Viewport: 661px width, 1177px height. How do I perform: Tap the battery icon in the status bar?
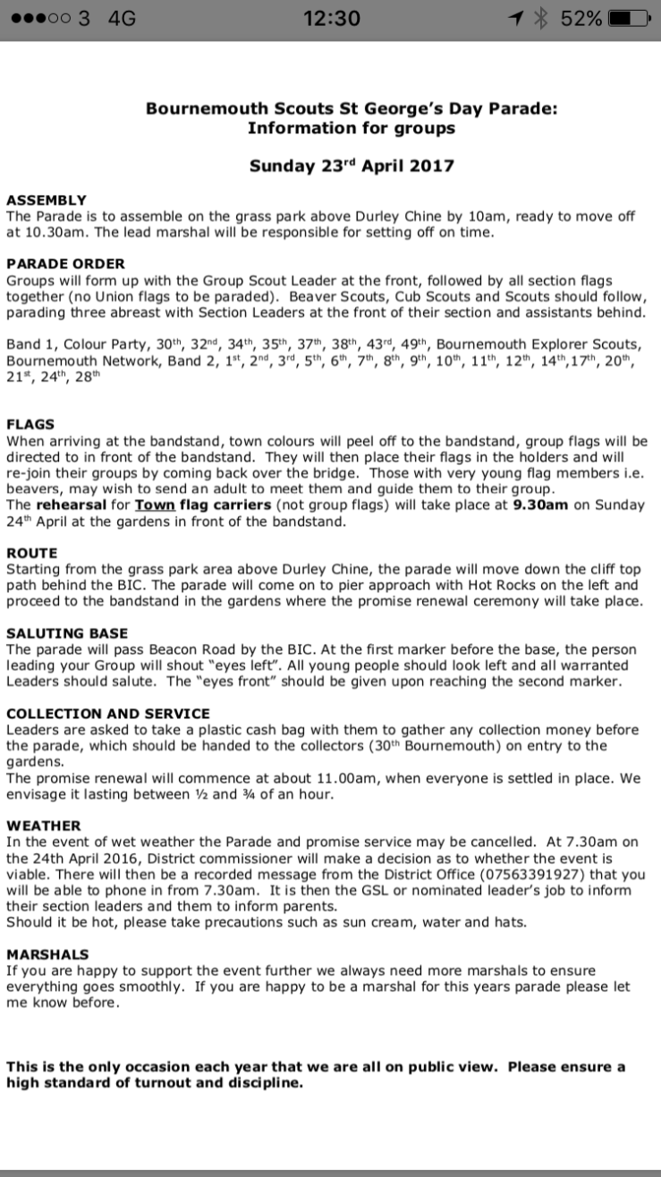click(628, 19)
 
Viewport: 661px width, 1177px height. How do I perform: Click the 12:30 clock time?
click(331, 19)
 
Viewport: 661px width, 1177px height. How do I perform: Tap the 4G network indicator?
click(121, 19)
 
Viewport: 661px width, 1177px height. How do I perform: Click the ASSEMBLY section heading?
click(47, 200)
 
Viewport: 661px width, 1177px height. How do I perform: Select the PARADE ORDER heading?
click(65, 264)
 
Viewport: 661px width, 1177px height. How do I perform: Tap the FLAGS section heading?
click(30, 424)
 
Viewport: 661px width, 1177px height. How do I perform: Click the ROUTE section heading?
click(31, 554)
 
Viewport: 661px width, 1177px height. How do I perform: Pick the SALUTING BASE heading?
click(67, 633)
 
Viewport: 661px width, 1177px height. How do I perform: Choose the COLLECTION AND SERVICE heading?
click(108, 714)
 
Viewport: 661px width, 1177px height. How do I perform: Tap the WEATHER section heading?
click(44, 826)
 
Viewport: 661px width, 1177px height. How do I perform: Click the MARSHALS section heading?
click(47, 954)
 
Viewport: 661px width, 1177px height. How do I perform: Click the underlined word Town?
click(154, 504)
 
